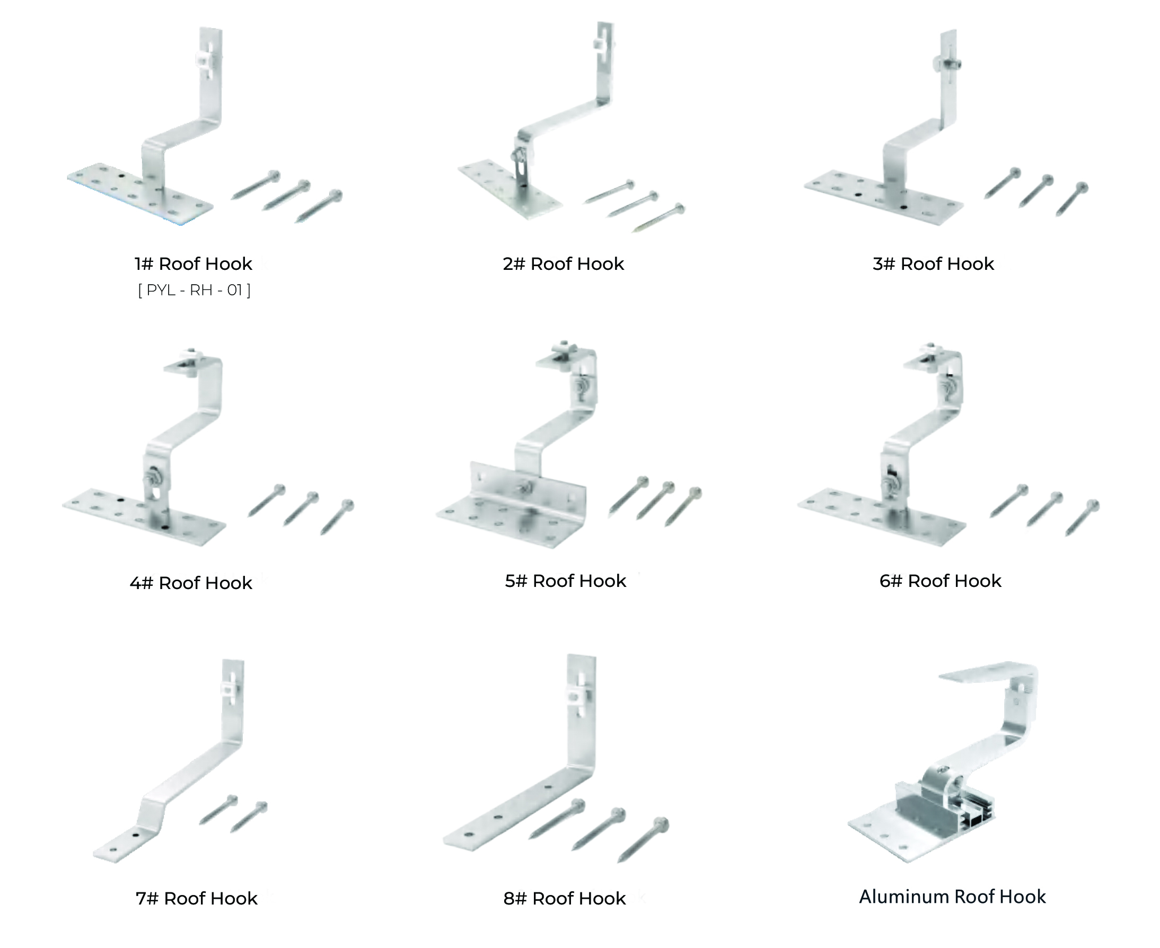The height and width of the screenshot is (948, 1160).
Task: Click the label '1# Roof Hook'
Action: [194, 264]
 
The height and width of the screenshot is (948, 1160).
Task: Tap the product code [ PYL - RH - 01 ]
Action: [195, 290]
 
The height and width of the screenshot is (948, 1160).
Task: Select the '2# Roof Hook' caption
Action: [563, 264]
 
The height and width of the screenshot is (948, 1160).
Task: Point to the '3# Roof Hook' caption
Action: [933, 264]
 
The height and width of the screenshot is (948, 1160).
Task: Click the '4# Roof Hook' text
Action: [191, 583]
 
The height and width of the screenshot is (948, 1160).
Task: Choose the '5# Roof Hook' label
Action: [565, 581]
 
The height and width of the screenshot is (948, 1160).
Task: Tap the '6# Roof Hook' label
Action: [940, 581]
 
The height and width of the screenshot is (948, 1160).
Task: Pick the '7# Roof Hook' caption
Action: [196, 898]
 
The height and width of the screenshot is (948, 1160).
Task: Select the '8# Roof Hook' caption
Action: [564, 898]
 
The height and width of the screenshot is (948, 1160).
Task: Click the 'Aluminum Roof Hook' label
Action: [952, 897]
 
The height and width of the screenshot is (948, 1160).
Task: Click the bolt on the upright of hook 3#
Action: [947, 65]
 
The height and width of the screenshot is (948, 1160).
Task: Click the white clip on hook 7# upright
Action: [231, 688]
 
